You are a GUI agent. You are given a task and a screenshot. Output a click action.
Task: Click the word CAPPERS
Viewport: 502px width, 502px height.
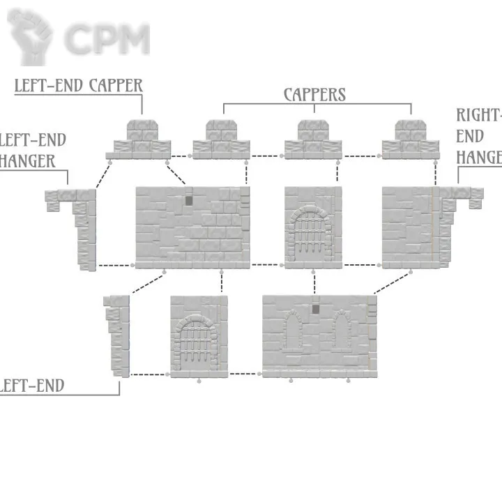click(x=314, y=94)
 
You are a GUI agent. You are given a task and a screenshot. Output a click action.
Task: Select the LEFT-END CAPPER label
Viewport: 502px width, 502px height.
click(x=78, y=86)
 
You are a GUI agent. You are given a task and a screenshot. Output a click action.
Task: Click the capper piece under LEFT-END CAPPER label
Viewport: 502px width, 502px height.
click(x=142, y=140)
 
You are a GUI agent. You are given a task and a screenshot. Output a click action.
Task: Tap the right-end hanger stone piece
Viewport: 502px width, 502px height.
click(x=460, y=202)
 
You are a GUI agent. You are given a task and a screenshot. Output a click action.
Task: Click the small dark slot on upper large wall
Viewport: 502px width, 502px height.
click(x=188, y=200)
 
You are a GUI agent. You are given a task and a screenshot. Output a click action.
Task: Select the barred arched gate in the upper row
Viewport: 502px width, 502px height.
click(x=314, y=230)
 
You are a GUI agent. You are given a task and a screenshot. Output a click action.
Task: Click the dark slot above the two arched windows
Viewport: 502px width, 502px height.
click(x=316, y=308)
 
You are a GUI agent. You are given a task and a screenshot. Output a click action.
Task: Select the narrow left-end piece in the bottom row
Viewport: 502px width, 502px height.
click(x=117, y=335)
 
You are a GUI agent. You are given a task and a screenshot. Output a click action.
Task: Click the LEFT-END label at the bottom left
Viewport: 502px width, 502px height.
click(x=31, y=386)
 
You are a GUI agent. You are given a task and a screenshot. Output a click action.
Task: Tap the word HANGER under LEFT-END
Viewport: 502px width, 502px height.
click(x=28, y=161)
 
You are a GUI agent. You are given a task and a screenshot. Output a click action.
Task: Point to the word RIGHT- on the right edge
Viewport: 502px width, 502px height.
click(x=479, y=115)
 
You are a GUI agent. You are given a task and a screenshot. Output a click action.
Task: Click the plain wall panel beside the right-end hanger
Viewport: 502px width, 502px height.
click(x=408, y=227)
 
